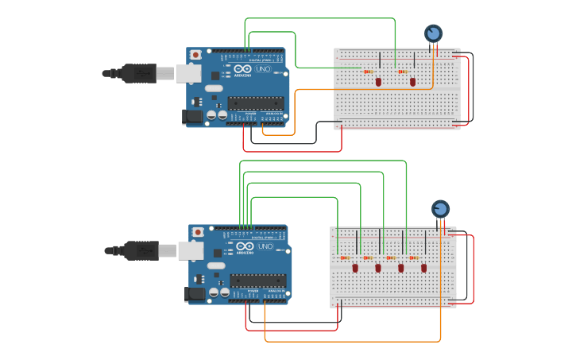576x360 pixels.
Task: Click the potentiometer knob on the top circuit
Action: pos(433,33)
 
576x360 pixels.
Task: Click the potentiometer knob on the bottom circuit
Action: pos(440,209)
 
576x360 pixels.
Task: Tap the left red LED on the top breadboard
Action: pos(378,82)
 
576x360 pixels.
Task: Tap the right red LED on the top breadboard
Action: pos(412,82)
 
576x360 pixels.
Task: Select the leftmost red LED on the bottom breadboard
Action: pos(355,268)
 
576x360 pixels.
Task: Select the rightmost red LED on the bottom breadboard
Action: pos(423,268)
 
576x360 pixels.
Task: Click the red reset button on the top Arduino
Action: pos(195,55)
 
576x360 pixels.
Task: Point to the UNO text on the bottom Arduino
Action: pos(265,247)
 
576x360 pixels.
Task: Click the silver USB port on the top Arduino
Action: pos(187,74)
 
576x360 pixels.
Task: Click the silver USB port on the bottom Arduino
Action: pos(189,251)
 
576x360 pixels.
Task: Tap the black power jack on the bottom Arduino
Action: pos(194,294)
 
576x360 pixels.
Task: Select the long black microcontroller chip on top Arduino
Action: pos(256,103)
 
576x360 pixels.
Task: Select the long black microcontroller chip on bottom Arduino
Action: pos(258,280)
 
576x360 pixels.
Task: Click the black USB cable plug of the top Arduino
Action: pos(140,73)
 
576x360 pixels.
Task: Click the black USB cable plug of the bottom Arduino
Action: pos(141,250)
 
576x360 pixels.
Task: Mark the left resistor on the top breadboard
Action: pos(368,72)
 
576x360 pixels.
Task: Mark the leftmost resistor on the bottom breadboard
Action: pos(345,257)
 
